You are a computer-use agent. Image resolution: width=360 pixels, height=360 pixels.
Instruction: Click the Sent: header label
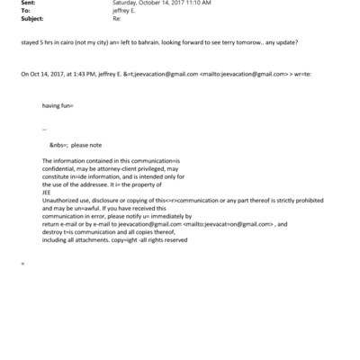[x=29, y=3]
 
